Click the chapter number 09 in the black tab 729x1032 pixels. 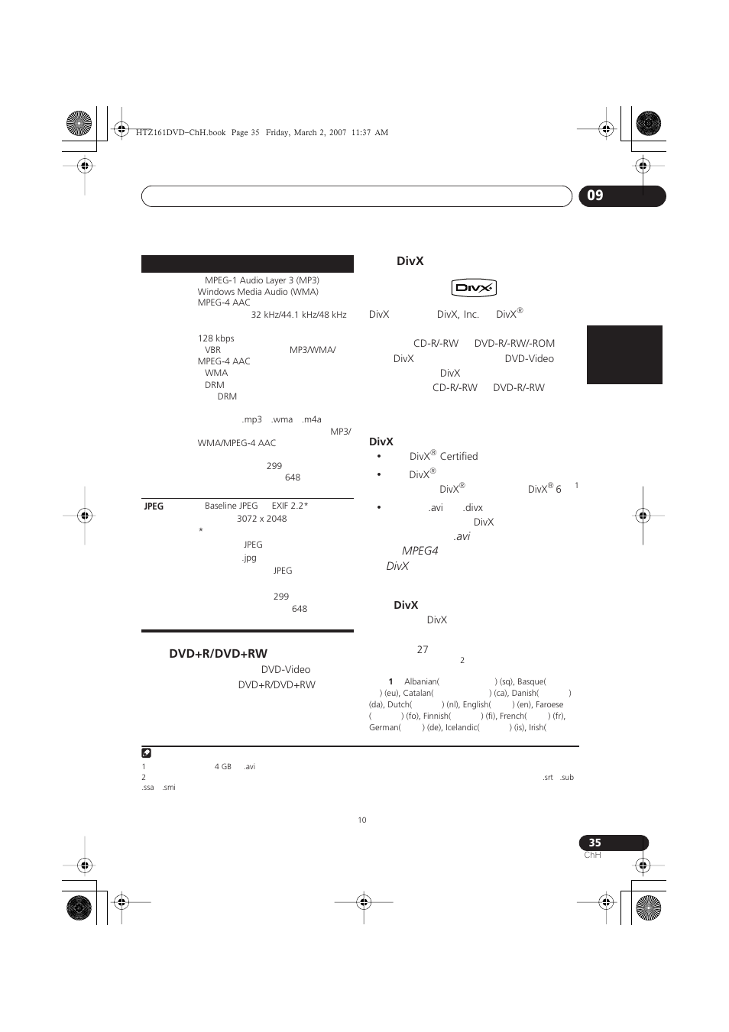click(x=595, y=196)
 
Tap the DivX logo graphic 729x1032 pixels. click(x=474, y=288)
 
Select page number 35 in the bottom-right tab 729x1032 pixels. click(x=595, y=843)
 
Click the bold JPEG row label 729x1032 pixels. click(x=154, y=506)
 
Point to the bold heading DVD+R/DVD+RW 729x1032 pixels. click(x=218, y=653)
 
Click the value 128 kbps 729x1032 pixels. click(x=215, y=338)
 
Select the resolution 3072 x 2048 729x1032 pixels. click(x=261, y=519)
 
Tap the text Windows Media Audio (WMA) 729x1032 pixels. click(x=258, y=292)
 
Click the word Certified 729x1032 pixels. click(x=458, y=456)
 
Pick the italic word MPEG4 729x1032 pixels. click(x=420, y=551)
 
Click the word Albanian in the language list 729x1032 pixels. click(x=421, y=681)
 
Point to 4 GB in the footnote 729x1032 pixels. click(x=222, y=766)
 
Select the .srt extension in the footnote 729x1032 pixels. click(x=547, y=777)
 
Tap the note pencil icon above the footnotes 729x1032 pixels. click(x=147, y=753)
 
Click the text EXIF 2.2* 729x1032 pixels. click(x=290, y=506)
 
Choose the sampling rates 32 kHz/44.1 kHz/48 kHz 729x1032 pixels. click(x=299, y=315)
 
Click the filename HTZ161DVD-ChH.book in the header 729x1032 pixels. click(x=180, y=132)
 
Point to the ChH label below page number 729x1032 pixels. click(x=592, y=855)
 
